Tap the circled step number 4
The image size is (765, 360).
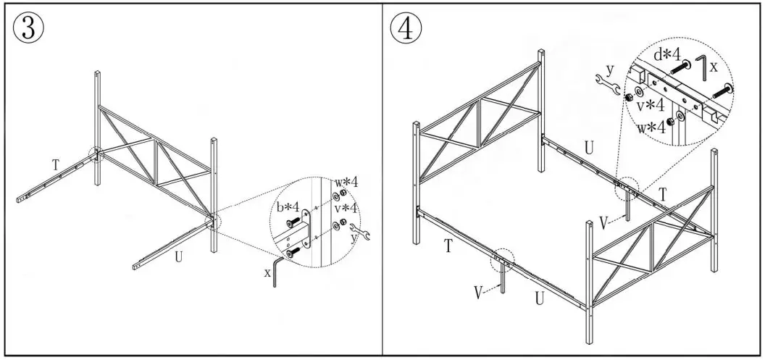tap(406, 29)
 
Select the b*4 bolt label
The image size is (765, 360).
tap(289, 209)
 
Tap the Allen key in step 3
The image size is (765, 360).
tap(277, 272)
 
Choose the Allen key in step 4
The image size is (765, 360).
tap(701, 67)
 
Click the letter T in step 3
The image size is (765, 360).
tap(56, 165)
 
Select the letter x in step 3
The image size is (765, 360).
tap(267, 273)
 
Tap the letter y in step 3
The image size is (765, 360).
tap(354, 236)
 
